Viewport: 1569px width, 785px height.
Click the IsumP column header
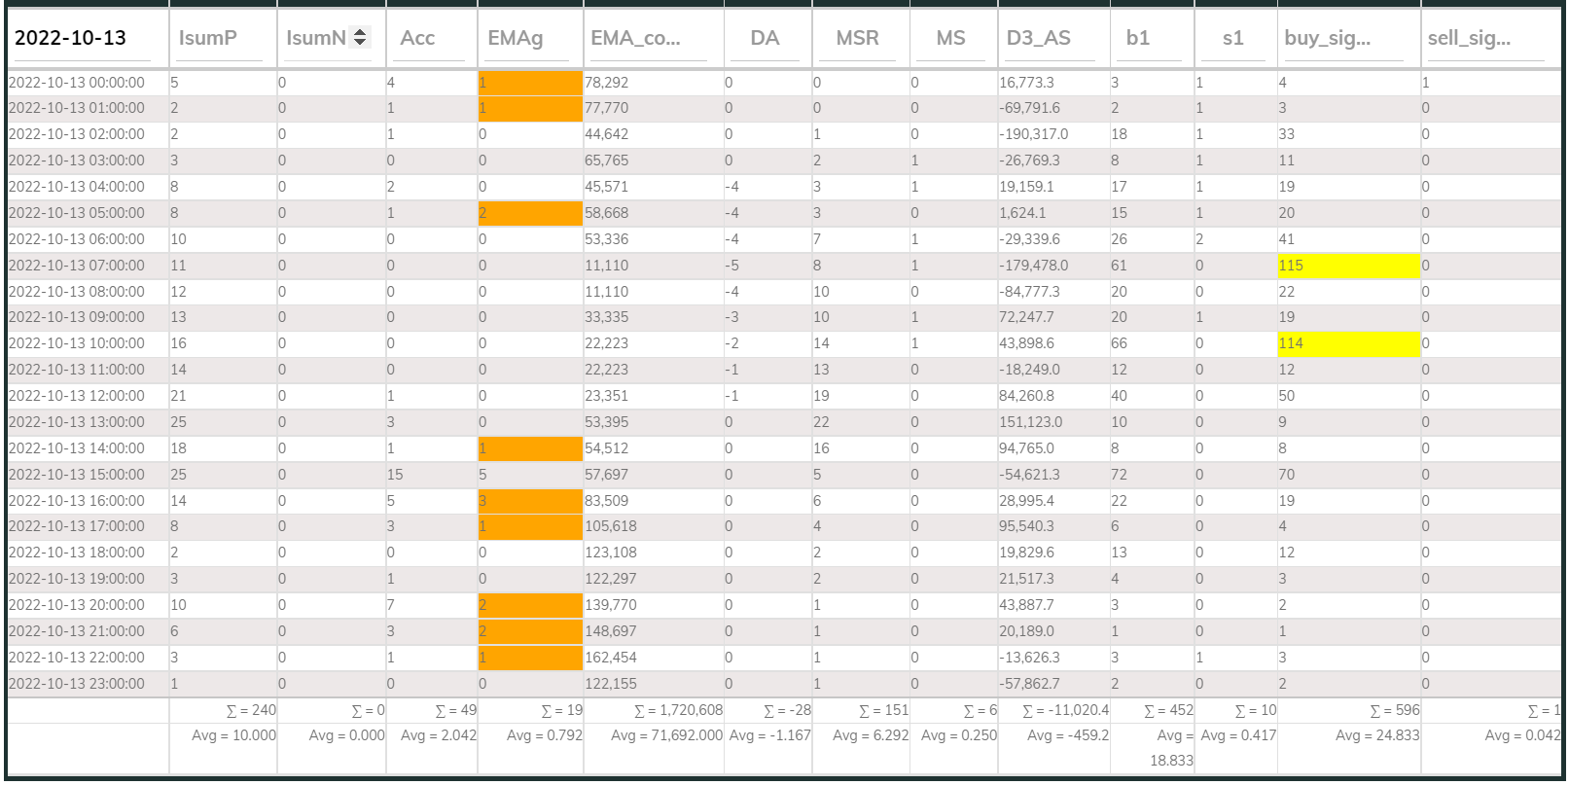click(x=208, y=38)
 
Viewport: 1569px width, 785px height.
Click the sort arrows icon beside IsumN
click(x=360, y=37)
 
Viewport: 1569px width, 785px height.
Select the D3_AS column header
click(x=1038, y=38)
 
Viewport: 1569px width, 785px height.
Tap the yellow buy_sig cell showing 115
click(x=1347, y=266)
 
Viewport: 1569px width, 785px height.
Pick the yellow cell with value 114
click(x=1347, y=343)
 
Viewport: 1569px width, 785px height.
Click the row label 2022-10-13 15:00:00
click(x=77, y=475)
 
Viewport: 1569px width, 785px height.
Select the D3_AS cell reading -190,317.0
click(x=1033, y=134)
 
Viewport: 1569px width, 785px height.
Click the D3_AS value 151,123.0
click(x=1030, y=422)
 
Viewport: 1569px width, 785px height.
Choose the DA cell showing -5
click(x=731, y=266)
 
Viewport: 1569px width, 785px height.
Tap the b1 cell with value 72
click(x=1119, y=475)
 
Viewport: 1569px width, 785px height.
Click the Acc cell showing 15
click(x=395, y=475)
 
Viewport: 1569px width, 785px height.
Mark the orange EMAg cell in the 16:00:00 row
click(x=530, y=501)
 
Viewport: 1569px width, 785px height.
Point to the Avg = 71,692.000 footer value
click(x=666, y=735)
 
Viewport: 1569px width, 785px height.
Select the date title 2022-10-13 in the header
click(x=70, y=38)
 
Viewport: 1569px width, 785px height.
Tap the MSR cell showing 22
click(x=821, y=422)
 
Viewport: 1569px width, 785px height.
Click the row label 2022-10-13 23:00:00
click(x=77, y=684)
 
